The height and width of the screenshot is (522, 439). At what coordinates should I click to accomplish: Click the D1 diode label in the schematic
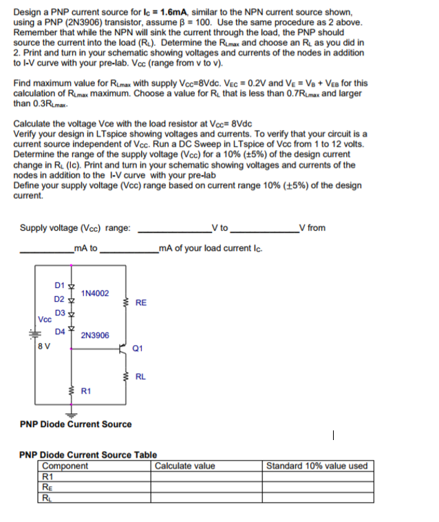58,284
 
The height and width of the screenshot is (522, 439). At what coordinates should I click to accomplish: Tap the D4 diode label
58,331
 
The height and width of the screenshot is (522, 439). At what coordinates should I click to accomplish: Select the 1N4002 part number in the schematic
94,293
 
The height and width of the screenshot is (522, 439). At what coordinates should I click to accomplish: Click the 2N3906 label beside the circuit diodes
94,336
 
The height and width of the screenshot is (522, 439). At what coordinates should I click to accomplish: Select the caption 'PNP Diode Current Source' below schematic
76,424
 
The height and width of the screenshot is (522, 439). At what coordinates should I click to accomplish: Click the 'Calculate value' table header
185,466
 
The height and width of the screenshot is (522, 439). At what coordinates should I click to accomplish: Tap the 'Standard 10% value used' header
317,466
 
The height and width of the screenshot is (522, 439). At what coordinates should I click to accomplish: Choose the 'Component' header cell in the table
66,466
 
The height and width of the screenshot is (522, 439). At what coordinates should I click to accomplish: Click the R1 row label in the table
48,476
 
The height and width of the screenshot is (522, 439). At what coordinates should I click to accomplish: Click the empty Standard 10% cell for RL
317,498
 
